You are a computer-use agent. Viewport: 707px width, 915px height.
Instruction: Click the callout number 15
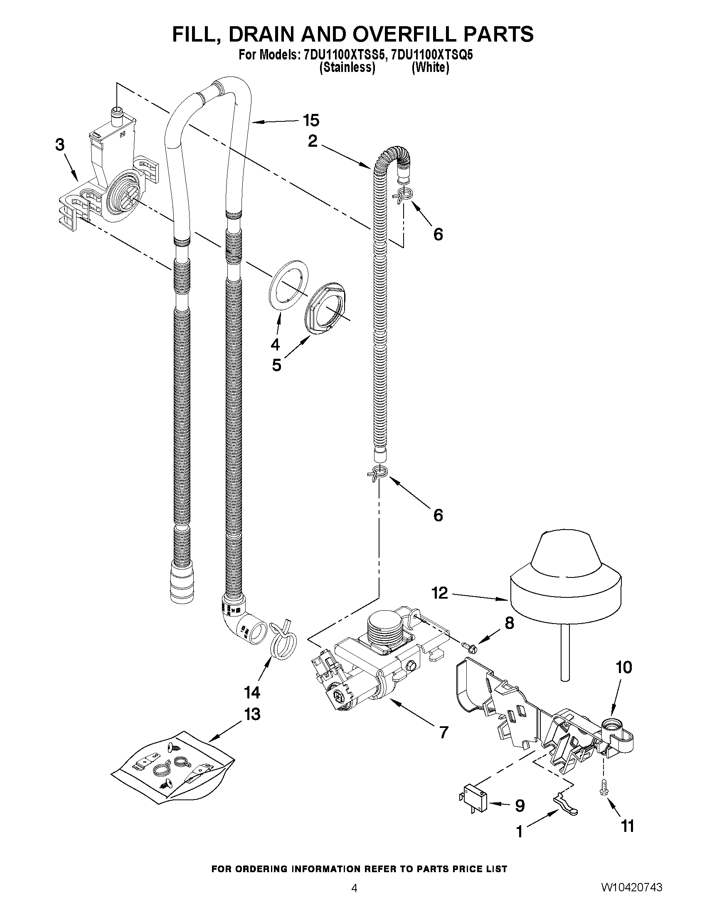click(311, 121)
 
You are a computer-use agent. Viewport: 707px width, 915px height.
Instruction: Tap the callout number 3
click(60, 145)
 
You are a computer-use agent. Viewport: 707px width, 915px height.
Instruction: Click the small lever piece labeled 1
click(564, 806)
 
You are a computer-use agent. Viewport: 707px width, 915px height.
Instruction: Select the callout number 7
click(443, 732)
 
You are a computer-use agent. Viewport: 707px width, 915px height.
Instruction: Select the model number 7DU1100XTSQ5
click(431, 55)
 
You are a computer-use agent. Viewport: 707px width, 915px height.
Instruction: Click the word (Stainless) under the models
click(347, 68)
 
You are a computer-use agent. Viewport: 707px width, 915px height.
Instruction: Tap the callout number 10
click(623, 667)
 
